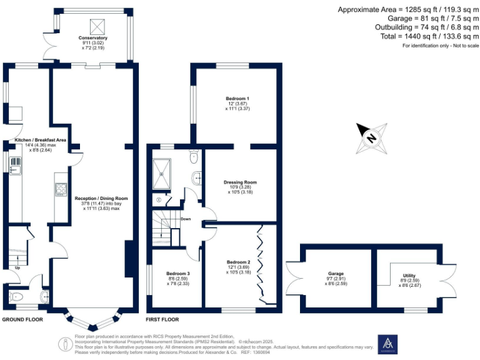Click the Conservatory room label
(92, 38)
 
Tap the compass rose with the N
(371, 138)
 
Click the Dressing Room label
(240, 182)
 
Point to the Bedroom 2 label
(238, 262)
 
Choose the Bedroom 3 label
(177, 274)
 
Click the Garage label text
(336, 274)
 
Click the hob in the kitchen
(61, 189)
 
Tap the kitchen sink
(14, 166)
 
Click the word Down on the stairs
(186, 219)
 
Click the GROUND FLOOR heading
(23, 319)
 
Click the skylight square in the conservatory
(96, 26)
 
